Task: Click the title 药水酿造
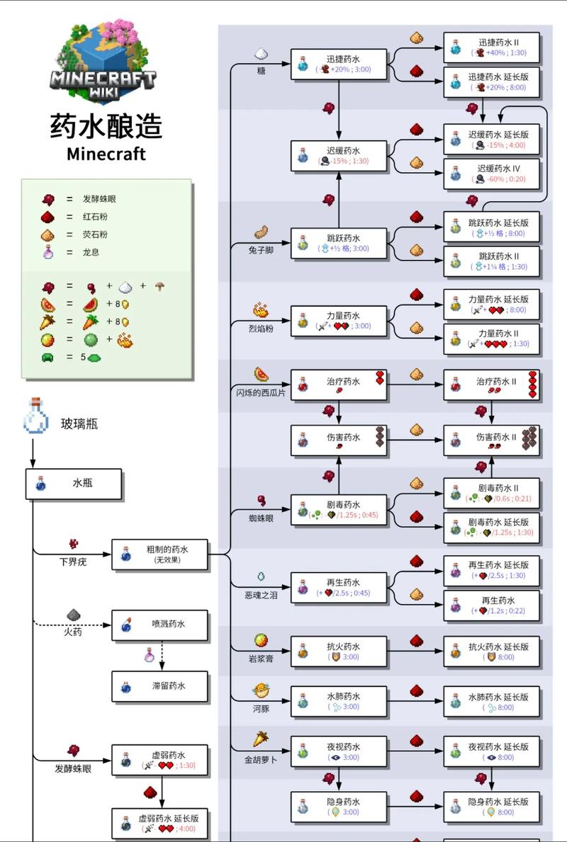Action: coord(106,127)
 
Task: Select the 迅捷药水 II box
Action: coord(492,47)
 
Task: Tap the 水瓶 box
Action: coord(74,484)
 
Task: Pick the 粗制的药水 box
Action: coord(159,554)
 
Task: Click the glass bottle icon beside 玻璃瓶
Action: coord(35,416)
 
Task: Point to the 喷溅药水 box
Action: coord(159,625)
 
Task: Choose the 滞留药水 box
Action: coord(159,686)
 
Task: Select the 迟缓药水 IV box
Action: coord(492,173)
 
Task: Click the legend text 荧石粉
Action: coord(95,234)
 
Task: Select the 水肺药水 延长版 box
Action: coord(492,701)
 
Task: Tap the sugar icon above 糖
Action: coord(261,54)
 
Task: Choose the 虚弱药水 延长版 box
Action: coord(159,823)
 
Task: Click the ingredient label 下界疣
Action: coord(72,562)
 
